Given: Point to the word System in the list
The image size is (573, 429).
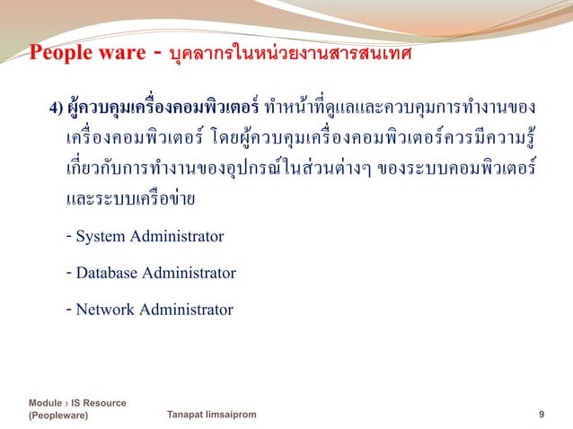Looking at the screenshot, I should [102, 237].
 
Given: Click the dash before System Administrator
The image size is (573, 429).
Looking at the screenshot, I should [69, 237].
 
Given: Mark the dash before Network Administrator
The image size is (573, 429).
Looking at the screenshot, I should [69, 310].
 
